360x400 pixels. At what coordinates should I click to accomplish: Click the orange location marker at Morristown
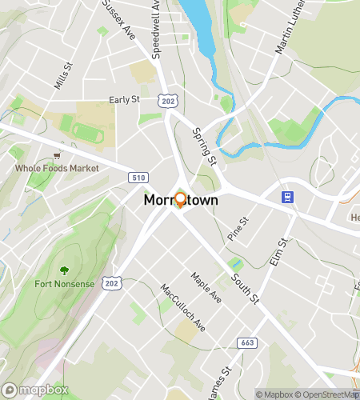(x=180, y=200)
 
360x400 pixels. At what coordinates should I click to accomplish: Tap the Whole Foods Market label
(x=57, y=169)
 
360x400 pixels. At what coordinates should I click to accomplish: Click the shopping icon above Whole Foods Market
(x=56, y=156)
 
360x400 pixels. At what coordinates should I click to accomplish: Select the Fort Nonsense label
(x=65, y=283)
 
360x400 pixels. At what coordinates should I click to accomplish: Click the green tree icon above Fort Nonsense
(x=65, y=270)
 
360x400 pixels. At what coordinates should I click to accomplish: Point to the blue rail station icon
(x=285, y=196)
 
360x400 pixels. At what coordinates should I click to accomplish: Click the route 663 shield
(x=246, y=342)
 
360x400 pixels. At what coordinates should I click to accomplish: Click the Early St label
(x=125, y=100)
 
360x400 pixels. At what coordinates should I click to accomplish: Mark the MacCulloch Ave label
(x=182, y=308)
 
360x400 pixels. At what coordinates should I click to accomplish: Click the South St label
(x=245, y=289)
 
